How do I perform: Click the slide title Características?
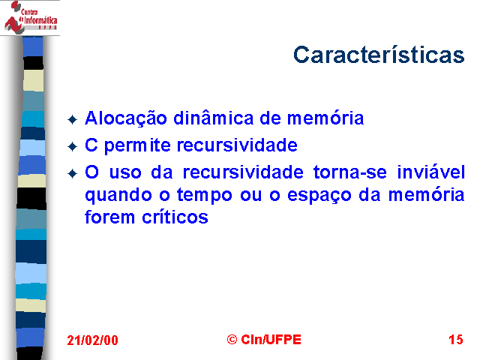click(379, 55)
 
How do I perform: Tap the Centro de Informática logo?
click(30, 17)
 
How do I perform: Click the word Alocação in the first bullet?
click(126, 118)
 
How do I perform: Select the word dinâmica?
click(213, 118)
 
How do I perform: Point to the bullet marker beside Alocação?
click(73, 120)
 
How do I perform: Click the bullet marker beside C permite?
click(73, 147)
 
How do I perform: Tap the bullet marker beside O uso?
click(73, 173)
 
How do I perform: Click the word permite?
click(137, 145)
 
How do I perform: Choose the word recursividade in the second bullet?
click(237, 145)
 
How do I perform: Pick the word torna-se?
click(350, 172)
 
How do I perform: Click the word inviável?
click(431, 172)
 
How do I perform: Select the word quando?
click(118, 196)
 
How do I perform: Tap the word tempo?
click(205, 196)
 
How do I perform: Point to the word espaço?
click(319, 196)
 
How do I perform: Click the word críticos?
click(175, 217)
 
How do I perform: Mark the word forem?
click(109, 217)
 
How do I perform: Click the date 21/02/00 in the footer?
click(92, 340)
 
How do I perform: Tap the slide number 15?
click(456, 340)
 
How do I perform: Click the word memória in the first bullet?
click(325, 118)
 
